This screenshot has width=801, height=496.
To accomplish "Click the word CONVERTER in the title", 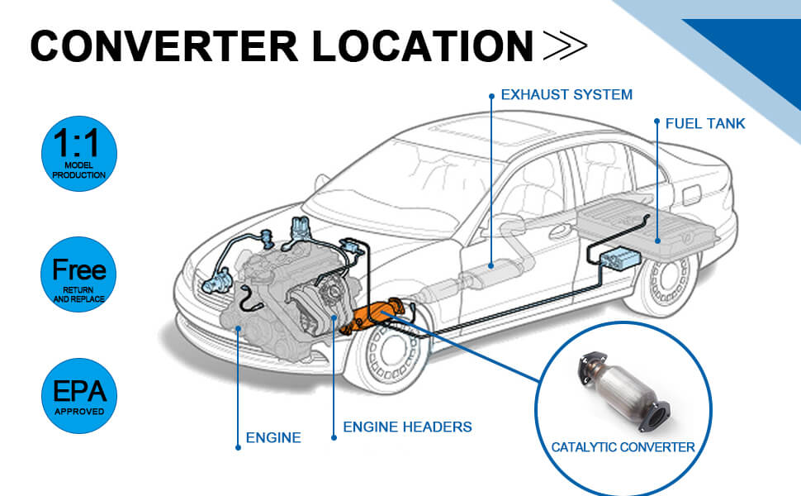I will coord(164,46).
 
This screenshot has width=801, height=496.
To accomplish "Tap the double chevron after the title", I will coord(566,46).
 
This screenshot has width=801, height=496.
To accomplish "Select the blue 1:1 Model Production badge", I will coord(79,153).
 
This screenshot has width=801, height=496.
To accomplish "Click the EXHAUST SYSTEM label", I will coord(566,94).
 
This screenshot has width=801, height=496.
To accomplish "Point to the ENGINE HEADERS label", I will coord(407,427).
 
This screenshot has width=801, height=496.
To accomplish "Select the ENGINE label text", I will coord(273,437).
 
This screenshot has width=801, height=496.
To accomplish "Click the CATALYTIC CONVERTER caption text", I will coord(623,447).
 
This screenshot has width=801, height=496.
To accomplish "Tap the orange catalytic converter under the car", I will coord(376,317).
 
